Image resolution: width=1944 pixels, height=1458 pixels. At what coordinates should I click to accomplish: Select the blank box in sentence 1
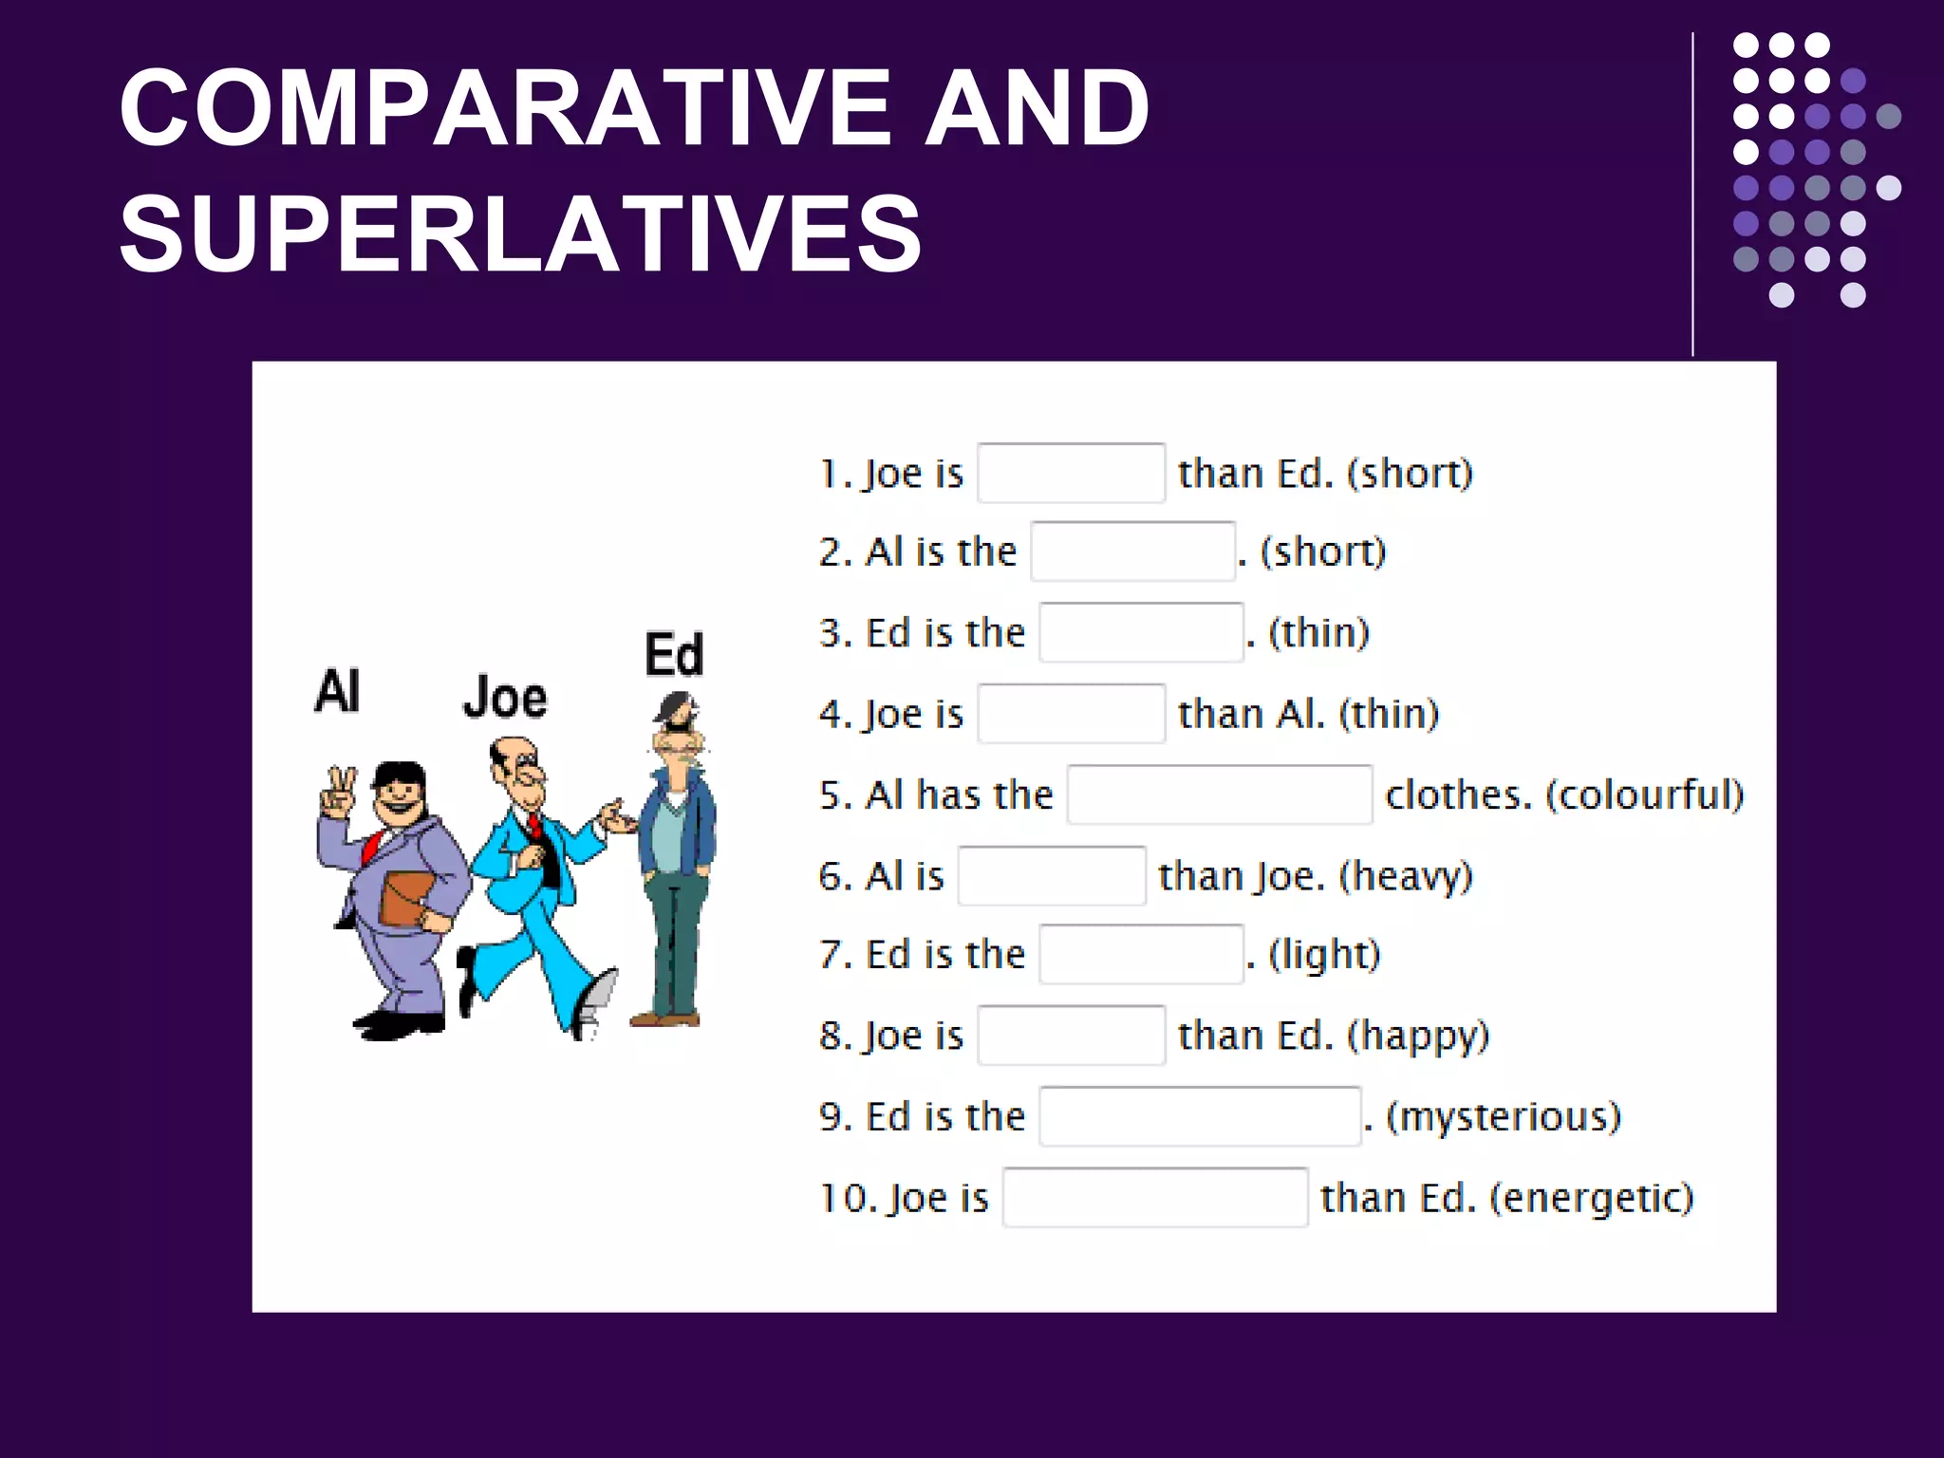(x=1071, y=473)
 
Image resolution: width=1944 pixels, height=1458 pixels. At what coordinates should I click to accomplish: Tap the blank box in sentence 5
(x=1219, y=794)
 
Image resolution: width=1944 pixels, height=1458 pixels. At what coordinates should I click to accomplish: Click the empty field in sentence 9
(x=1200, y=1116)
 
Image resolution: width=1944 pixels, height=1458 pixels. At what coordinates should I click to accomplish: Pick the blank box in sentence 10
(x=1155, y=1198)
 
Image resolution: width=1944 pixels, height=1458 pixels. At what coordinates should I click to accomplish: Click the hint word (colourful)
(x=1645, y=794)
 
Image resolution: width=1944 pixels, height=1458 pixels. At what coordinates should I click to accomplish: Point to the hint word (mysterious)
(x=1504, y=1116)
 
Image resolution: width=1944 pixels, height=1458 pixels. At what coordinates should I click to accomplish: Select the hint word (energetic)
(x=1592, y=1198)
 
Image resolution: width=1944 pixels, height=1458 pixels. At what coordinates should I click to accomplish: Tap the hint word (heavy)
(x=1406, y=876)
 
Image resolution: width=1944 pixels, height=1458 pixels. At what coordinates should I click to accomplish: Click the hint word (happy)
(x=1418, y=1036)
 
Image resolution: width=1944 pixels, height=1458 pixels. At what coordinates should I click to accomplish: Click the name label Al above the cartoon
(x=337, y=691)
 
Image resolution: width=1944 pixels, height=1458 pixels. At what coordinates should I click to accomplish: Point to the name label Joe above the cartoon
(x=505, y=698)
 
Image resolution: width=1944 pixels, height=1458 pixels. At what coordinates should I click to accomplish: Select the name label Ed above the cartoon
(x=674, y=654)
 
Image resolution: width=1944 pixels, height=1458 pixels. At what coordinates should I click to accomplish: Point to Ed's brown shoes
(x=664, y=1019)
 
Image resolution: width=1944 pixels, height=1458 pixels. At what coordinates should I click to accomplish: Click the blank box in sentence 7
(x=1141, y=954)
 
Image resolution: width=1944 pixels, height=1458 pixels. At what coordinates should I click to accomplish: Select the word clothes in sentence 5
(x=1458, y=794)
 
